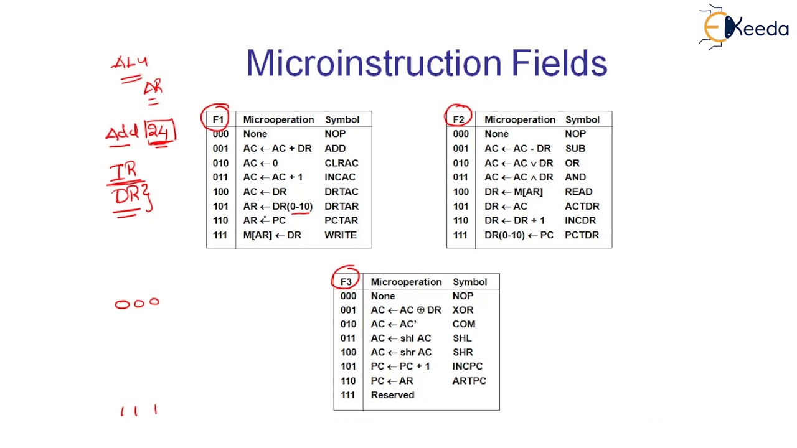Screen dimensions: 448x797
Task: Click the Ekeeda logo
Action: click(744, 27)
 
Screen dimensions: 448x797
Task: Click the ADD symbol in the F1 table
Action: click(335, 149)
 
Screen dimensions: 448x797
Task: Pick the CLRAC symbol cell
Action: click(341, 163)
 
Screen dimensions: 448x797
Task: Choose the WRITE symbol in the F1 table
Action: click(341, 235)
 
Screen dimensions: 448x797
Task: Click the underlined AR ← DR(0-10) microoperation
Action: click(278, 207)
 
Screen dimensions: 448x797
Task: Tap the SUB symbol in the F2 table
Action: click(575, 149)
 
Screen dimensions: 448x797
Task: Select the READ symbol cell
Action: click(578, 192)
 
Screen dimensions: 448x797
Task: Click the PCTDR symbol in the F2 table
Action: click(582, 235)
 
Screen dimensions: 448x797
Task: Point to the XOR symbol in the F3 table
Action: click(463, 310)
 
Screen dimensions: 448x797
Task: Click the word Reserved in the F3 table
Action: click(392, 395)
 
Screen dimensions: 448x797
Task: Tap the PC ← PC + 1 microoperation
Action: click(400, 366)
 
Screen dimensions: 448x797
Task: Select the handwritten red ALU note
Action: click(130, 63)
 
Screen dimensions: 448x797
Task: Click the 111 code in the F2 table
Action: click(461, 235)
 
